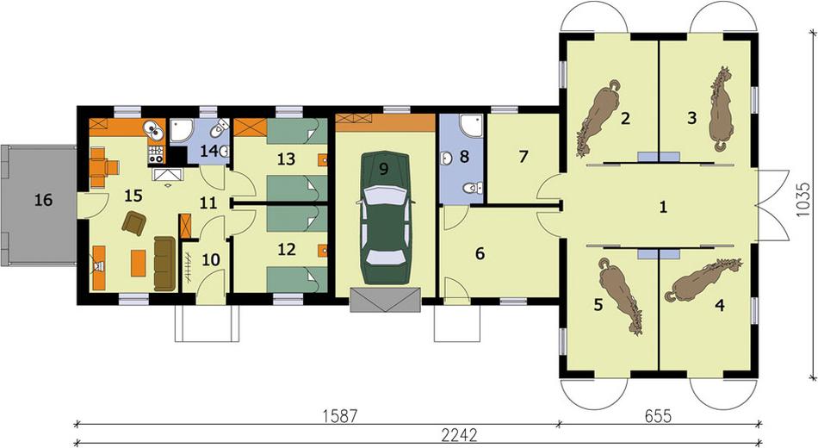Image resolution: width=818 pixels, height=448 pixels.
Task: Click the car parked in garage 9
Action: point(385,219)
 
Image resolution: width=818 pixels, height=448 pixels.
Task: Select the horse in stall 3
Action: point(721,109)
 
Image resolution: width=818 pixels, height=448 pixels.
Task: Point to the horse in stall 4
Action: point(704,280)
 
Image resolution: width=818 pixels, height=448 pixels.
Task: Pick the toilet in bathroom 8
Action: point(474,188)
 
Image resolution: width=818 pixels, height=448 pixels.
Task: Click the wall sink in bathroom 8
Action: point(446,159)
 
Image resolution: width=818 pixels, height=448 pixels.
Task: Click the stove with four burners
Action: point(157,153)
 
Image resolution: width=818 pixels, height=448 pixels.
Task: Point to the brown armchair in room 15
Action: point(134,223)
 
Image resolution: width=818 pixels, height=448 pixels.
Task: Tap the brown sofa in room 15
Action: point(164,263)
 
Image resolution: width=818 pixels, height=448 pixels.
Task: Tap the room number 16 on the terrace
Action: point(43,200)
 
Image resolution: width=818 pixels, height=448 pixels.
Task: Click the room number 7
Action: point(524,157)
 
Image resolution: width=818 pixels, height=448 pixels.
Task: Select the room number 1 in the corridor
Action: point(663,208)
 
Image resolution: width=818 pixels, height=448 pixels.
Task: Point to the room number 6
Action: point(480,253)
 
